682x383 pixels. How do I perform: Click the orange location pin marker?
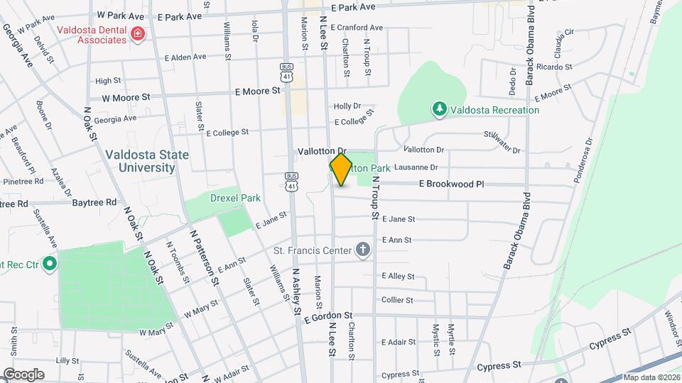click(341, 169)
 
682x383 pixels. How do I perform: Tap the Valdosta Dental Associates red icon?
click(136, 33)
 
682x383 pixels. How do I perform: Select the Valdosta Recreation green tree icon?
click(440, 109)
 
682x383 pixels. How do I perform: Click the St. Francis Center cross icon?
click(363, 250)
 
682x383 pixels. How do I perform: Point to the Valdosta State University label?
click(140, 161)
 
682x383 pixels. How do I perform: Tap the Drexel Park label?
click(234, 198)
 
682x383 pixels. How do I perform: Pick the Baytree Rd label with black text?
click(94, 202)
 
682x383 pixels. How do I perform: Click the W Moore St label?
click(126, 97)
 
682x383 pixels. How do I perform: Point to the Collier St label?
click(397, 300)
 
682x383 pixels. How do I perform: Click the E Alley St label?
click(398, 276)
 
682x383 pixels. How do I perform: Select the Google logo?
click(23, 374)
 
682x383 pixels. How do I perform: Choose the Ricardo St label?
click(556, 67)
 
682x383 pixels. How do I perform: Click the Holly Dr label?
click(347, 106)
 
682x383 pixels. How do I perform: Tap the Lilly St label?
click(67, 361)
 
